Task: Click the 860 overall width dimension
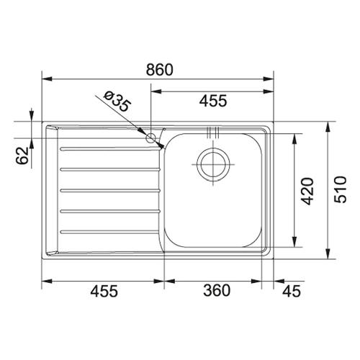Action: (159, 70)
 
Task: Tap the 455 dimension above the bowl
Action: (213, 101)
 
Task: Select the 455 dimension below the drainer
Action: (104, 291)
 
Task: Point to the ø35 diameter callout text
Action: (118, 102)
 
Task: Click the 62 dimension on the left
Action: (22, 156)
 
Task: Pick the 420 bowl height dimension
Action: (307, 192)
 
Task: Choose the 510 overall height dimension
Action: (341, 189)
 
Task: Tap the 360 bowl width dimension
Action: (217, 290)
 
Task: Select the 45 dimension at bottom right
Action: (292, 292)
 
